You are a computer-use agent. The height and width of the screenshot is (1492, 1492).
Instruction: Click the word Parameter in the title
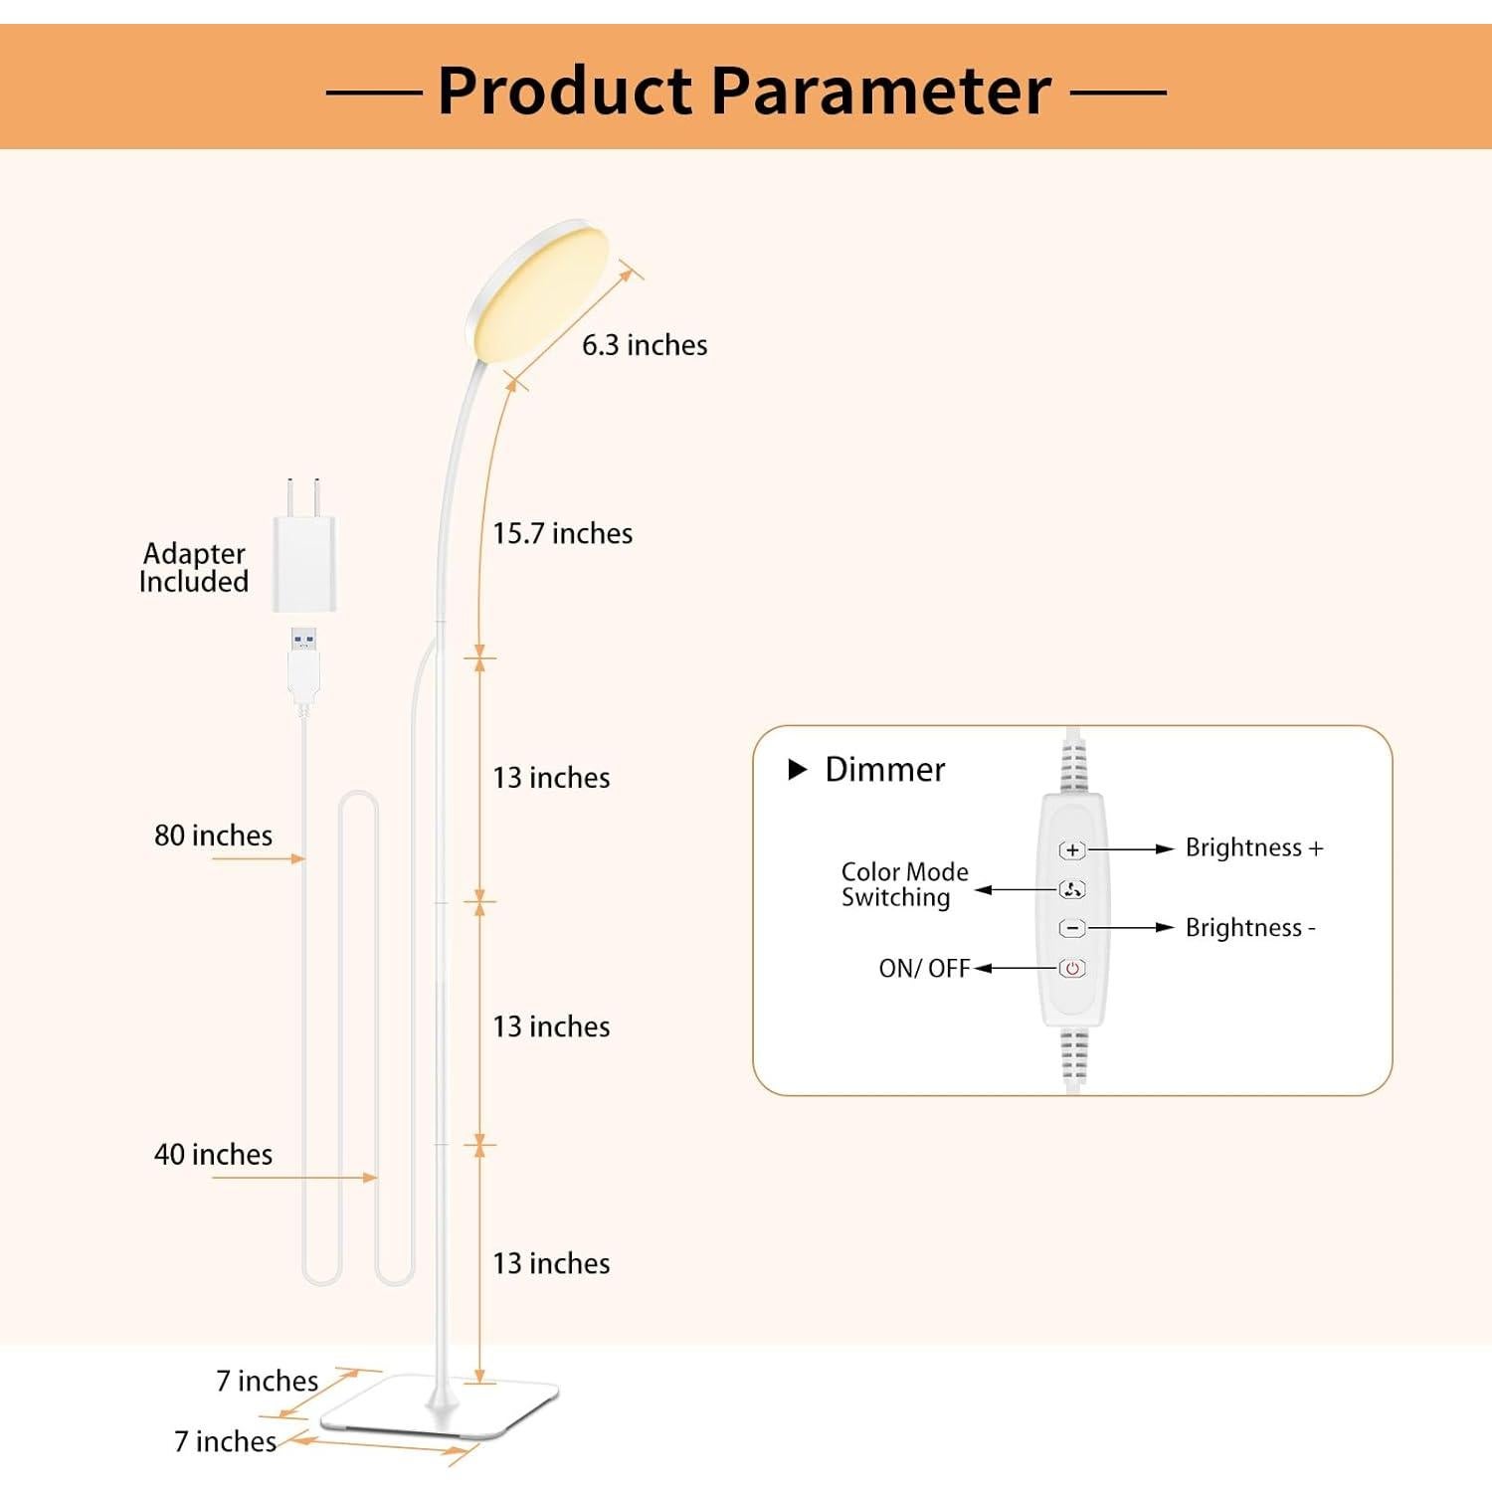click(881, 92)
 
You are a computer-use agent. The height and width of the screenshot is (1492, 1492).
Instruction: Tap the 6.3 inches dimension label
click(645, 345)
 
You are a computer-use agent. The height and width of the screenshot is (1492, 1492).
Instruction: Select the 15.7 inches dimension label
click(563, 534)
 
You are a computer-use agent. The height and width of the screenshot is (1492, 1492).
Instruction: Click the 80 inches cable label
click(213, 836)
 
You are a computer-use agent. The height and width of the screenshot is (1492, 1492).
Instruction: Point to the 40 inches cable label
click(213, 1155)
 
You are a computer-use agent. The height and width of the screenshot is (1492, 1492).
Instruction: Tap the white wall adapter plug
click(304, 557)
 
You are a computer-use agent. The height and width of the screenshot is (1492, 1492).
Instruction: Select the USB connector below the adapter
click(303, 660)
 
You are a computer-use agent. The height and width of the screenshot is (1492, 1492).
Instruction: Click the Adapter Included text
click(194, 568)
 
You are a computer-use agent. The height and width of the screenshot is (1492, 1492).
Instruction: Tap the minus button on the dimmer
click(1071, 928)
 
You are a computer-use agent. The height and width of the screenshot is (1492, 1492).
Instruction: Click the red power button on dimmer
click(1071, 968)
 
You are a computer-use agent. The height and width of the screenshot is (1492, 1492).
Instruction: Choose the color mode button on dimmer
click(1071, 889)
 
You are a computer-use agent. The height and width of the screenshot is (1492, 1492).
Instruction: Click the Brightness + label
click(1254, 848)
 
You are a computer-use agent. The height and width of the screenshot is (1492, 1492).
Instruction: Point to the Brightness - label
click(1250, 928)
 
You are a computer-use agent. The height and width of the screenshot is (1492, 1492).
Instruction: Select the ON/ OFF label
click(924, 969)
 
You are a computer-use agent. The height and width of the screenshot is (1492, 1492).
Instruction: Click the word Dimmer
click(885, 770)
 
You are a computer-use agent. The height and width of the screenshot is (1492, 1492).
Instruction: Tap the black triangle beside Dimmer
click(797, 770)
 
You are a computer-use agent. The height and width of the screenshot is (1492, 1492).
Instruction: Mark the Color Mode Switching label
click(904, 884)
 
